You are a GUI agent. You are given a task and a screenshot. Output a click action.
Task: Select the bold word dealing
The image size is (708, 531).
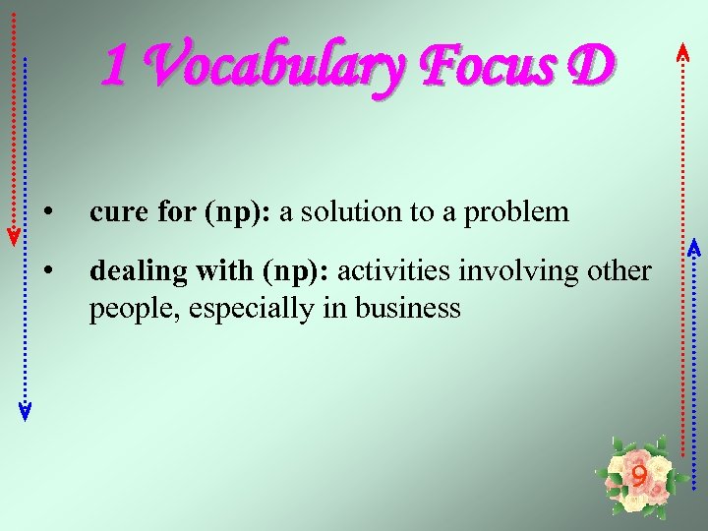point(129,271)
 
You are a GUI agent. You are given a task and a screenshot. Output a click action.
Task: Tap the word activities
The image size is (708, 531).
point(388,270)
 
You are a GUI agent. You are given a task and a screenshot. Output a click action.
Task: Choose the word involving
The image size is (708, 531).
point(503,271)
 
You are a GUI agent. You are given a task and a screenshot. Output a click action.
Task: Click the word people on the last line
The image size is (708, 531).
point(121,309)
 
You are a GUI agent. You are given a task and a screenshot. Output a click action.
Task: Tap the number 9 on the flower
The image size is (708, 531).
point(639,478)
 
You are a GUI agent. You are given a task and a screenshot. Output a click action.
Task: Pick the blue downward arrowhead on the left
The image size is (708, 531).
point(26,411)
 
